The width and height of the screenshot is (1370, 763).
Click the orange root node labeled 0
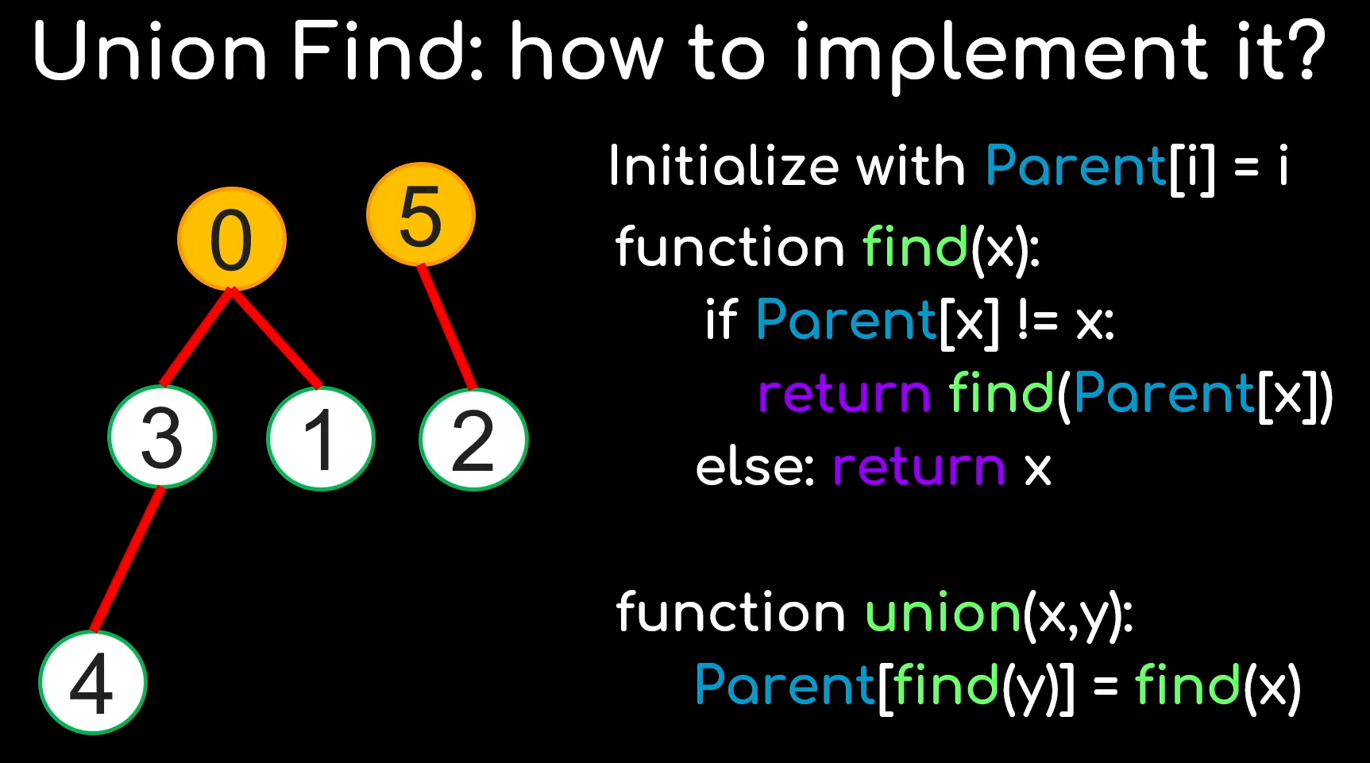(231, 239)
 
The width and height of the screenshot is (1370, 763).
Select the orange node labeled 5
(420, 214)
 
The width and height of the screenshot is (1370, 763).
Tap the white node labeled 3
(162, 437)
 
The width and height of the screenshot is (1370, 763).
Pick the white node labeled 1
(321, 439)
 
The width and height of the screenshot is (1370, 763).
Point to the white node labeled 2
(473, 439)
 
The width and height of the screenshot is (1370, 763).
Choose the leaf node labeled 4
(93, 682)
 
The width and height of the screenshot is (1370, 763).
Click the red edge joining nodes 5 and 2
(447, 327)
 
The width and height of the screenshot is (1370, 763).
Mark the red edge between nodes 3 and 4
(127, 559)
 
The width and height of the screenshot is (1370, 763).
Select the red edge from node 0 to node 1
(276, 338)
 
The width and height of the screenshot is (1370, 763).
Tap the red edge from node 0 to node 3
(196, 337)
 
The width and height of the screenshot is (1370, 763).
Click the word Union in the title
(150, 52)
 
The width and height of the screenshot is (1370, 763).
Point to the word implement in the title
(1001, 54)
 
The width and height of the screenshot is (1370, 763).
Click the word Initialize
(724, 167)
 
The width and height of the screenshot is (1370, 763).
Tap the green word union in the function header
(943, 614)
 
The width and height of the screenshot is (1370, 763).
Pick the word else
(754, 468)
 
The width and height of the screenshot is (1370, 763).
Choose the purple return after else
(919, 468)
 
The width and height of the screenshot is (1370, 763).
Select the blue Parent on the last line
(785, 685)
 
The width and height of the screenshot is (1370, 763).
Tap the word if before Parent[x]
(721, 321)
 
